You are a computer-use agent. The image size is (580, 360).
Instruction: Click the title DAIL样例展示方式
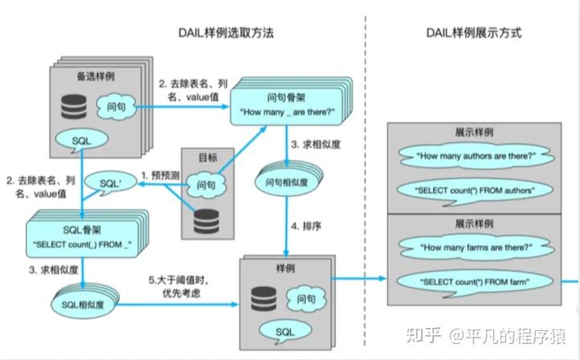point(473,33)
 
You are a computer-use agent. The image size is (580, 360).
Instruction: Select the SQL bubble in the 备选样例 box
point(81,140)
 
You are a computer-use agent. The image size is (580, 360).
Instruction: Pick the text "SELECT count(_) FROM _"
point(80,243)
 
